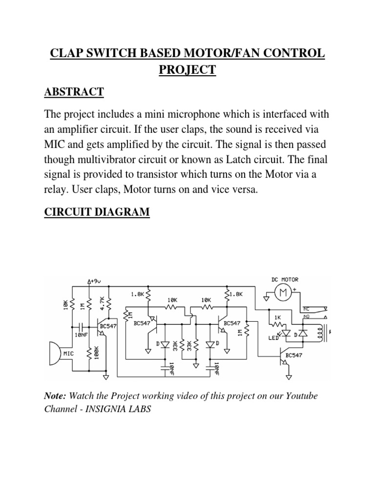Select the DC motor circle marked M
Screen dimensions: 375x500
(282, 293)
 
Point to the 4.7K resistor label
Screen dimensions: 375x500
(102, 303)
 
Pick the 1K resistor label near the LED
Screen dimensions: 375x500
(277, 317)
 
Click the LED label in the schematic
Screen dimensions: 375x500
(273, 337)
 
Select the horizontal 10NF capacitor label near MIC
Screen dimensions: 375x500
(81, 335)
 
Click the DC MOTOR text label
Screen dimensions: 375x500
(285, 279)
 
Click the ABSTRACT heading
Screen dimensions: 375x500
(74, 91)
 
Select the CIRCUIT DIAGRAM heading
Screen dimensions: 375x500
(97, 212)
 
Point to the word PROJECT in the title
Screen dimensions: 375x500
(187, 70)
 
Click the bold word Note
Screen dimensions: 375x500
(55, 396)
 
